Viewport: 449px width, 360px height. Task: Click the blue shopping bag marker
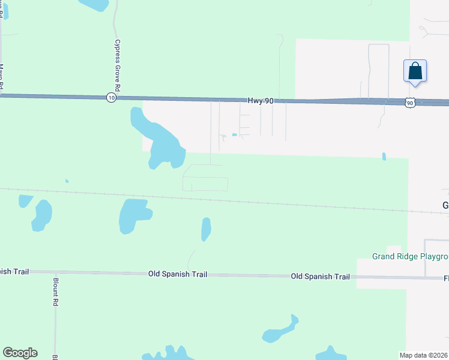(x=415, y=71)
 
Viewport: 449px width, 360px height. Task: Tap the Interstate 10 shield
(x=111, y=97)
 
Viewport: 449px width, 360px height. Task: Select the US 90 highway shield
(x=409, y=103)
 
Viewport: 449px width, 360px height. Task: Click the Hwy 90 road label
(x=261, y=101)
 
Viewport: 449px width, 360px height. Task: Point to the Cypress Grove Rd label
(x=118, y=65)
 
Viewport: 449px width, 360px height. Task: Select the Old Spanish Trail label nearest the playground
(x=320, y=277)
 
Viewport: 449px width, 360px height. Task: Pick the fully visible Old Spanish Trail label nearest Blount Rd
(x=178, y=274)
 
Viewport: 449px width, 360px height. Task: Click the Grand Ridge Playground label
(x=410, y=257)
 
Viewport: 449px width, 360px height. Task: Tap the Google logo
(x=20, y=353)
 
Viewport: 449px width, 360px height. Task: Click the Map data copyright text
(x=424, y=355)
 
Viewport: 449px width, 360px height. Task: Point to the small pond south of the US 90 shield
(x=384, y=157)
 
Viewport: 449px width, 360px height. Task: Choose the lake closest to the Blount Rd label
(x=41, y=215)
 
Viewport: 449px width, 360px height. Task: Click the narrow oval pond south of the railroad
(x=206, y=229)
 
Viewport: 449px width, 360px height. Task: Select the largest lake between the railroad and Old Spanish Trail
(x=134, y=215)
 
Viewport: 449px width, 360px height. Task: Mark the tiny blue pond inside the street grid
(x=234, y=134)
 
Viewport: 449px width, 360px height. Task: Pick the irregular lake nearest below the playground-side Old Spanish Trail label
(x=280, y=331)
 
